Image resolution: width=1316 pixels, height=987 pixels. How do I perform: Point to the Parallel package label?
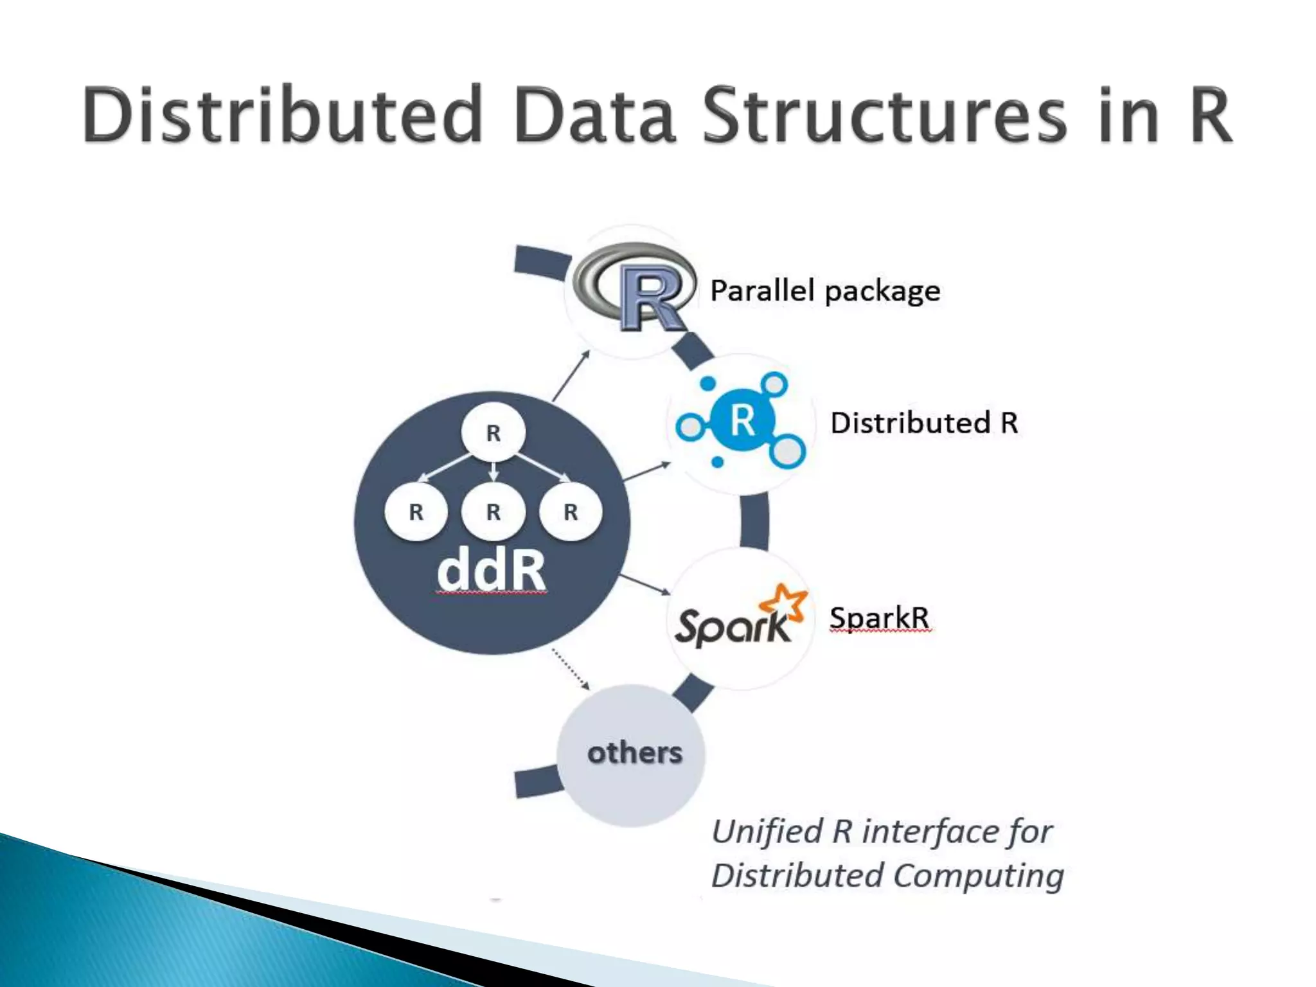(824, 291)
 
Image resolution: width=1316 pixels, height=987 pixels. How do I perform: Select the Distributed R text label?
(923, 423)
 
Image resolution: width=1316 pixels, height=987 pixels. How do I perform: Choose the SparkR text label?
(879, 618)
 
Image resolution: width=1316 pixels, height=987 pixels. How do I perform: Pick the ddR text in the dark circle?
(491, 571)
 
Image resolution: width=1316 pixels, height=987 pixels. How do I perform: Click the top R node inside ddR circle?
(493, 432)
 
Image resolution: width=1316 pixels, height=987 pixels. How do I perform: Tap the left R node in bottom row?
(416, 512)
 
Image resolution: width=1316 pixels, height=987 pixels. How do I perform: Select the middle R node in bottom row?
(493, 512)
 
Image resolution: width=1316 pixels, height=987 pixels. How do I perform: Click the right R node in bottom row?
(571, 512)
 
